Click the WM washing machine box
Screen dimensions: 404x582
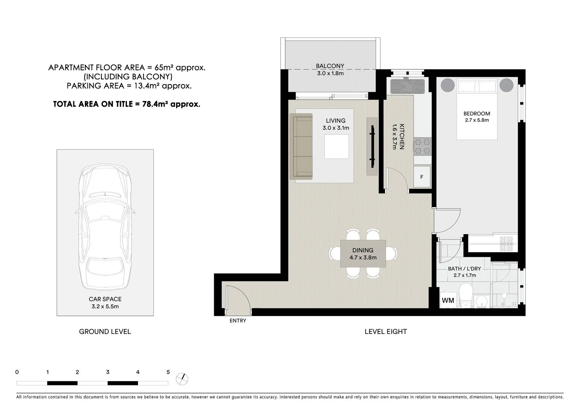click(x=448, y=300)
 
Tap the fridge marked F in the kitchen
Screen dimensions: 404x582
click(x=422, y=177)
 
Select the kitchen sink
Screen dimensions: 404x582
click(x=407, y=86)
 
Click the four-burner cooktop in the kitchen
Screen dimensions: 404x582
click(x=422, y=147)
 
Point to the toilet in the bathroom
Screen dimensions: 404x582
click(x=466, y=295)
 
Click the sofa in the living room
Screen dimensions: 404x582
click(x=301, y=147)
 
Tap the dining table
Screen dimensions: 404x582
click(x=363, y=254)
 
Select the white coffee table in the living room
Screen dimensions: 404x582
click(x=336, y=146)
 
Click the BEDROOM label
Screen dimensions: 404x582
click(x=477, y=114)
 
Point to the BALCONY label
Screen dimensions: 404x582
click(x=330, y=66)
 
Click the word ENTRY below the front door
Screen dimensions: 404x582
click(x=238, y=321)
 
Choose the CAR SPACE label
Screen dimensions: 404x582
click(x=105, y=299)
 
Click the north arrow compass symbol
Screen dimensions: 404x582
click(x=182, y=379)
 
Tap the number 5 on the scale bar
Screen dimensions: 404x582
click(x=168, y=372)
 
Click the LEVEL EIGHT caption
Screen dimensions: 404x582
click(x=386, y=331)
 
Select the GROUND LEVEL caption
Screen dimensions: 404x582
click(x=105, y=331)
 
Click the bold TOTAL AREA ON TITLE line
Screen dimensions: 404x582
click(x=127, y=104)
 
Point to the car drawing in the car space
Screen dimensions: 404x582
click(x=105, y=228)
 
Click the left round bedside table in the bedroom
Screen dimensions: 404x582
click(x=447, y=85)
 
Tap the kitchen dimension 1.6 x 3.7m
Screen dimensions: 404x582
click(x=394, y=137)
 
